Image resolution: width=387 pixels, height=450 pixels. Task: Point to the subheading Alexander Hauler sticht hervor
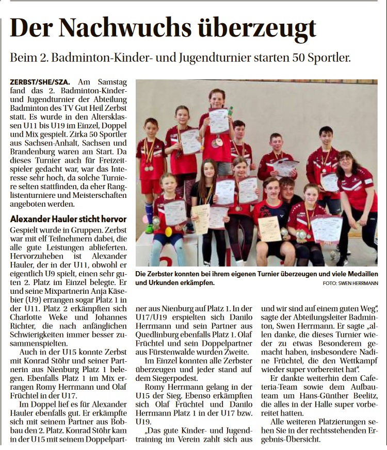point(69,219)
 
